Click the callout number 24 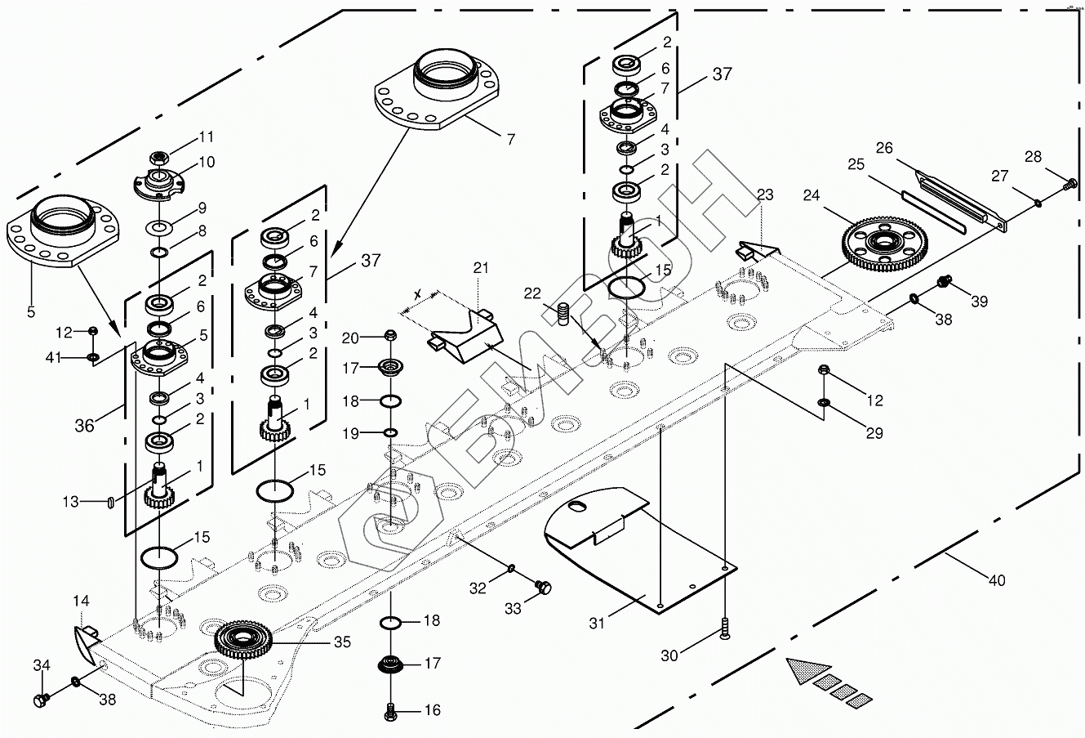pos(811,196)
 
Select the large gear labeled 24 pos(882,243)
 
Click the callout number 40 pos(996,580)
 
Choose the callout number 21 pos(480,268)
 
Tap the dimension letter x pos(418,293)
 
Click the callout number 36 pos(85,425)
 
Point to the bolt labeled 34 pos(41,700)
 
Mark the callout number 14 pos(81,601)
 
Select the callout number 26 pos(885,148)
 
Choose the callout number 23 pos(764,195)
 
